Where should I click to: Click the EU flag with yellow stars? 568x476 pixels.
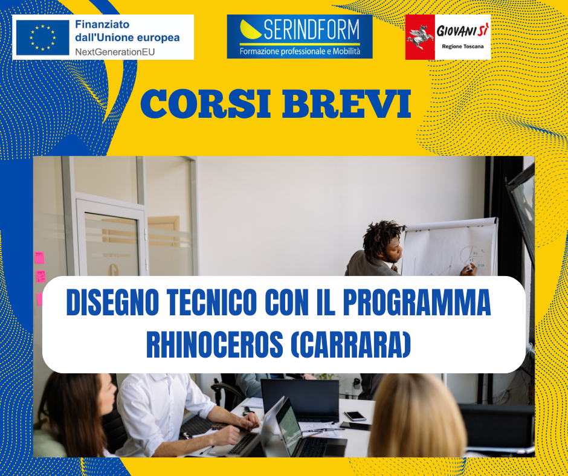click(x=43, y=37)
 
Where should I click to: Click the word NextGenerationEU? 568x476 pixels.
click(x=115, y=52)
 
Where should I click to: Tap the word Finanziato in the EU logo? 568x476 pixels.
click(x=102, y=24)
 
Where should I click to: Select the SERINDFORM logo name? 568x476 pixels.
click(x=312, y=30)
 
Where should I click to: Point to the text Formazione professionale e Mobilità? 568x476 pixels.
click(x=300, y=51)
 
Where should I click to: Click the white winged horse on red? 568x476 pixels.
click(x=420, y=37)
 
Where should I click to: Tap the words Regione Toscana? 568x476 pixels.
click(x=463, y=47)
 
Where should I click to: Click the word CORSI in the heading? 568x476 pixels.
click(x=205, y=104)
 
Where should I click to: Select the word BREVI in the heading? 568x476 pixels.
click(x=347, y=104)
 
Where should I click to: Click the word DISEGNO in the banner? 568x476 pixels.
click(x=112, y=303)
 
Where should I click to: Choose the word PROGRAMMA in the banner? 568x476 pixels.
click(x=416, y=303)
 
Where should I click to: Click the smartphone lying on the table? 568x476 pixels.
click(x=355, y=416)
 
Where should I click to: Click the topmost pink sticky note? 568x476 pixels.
click(x=39, y=257)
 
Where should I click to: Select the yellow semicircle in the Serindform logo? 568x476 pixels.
click(x=250, y=30)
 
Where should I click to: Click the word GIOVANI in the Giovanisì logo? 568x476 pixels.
click(x=456, y=31)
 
